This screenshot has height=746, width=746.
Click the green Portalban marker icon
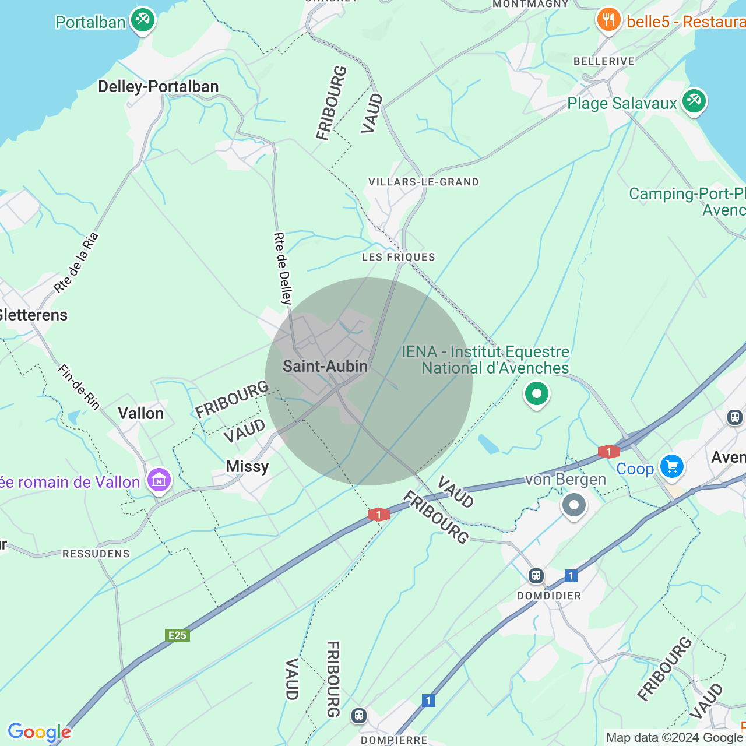(142, 20)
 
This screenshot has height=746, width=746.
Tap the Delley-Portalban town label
(158, 87)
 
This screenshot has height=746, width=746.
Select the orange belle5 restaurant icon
(608, 20)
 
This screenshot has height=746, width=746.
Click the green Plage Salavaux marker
(694, 101)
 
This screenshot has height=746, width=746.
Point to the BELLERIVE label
(604, 61)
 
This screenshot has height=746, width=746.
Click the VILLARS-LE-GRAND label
(424, 182)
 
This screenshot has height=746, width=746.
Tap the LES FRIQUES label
(399, 257)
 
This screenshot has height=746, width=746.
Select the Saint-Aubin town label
(325, 367)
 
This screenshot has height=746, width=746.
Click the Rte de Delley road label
(283, 269)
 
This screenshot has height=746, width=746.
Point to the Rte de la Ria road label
(76, 263)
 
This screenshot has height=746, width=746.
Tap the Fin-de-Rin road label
(79, 386)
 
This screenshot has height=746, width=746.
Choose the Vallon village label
(140, 414)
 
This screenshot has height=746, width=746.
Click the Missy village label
(247, 467)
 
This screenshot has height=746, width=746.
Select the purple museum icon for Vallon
(159, 480)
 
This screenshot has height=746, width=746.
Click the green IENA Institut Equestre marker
(536, 394)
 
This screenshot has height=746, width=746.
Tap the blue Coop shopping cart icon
(671, 467)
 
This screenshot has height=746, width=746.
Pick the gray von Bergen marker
(573, 505)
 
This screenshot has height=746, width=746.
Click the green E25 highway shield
(177, 635)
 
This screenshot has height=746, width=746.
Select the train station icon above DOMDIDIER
(536, 576)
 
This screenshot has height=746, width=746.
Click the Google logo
(39, 732)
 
